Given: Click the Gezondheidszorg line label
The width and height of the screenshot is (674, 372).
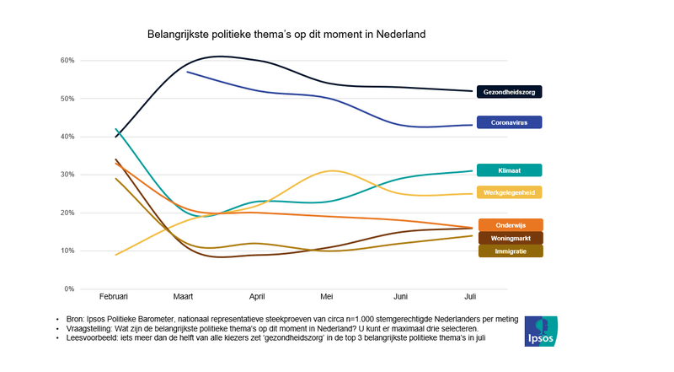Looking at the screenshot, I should coord(509,91).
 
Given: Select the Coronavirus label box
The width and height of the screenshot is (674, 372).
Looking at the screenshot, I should coord(509,122).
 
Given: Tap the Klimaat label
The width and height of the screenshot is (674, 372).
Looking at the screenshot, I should coord(509,170).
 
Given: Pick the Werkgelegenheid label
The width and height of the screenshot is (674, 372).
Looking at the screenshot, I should coord(509,192).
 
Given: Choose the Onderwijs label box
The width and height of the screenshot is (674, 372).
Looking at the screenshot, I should coord(510,224).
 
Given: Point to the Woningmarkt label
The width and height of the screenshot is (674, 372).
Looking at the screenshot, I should coord(510,238).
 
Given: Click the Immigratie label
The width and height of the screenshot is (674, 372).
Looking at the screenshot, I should coord(510,251).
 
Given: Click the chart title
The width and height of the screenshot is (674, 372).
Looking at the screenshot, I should coord(286,35).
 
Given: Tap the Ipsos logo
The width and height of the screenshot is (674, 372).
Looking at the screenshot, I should coord(539,332).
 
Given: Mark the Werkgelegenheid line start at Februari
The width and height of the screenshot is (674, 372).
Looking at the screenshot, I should coord(116,255).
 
